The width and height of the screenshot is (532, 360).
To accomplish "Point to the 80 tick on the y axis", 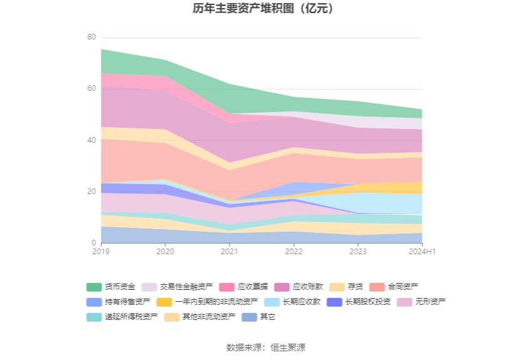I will point(91,38).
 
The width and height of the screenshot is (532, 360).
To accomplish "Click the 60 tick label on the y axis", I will point(91,89).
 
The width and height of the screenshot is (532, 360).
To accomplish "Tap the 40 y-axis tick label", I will point(91,140).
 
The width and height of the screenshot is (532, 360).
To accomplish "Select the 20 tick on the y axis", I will point(91,192).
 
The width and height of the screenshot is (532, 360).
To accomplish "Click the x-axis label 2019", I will point(101,252).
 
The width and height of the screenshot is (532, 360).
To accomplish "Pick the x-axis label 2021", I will point(230,252).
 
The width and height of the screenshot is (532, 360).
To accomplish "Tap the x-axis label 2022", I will point(294,252).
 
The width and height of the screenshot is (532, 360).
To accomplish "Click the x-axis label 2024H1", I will point(422,252).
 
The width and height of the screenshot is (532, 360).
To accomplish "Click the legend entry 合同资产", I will point(402,287).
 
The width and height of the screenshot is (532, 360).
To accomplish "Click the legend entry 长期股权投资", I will point(367,302).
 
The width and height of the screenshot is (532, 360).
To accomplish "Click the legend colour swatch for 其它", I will point(250,317).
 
